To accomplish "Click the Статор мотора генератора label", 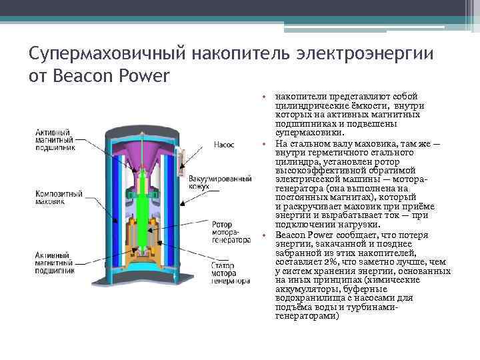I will click(x=230, y=274).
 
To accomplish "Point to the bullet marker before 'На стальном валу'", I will click(x=264, y=144).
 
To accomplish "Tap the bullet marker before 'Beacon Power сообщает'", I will click(x=264, y=235).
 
